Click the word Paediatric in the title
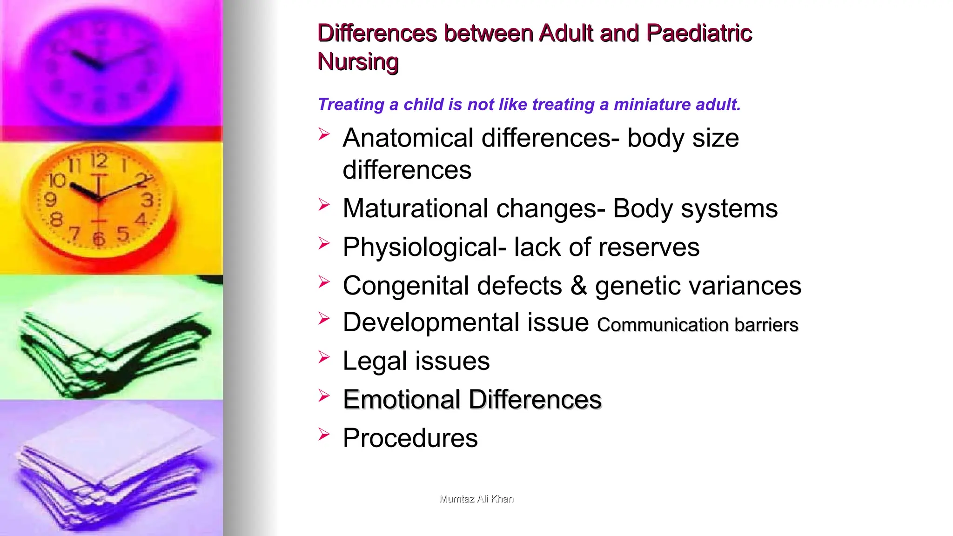click(x=699, y=33)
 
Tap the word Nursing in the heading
click(x=358, y=62)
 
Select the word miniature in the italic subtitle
click(x=650, y=104)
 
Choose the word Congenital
click(x=405, y=286)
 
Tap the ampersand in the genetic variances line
click(x=578, y=286)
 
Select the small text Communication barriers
click(x=698, y=325)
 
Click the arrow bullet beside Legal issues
click(x=324, y=357)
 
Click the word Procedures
click(x=410, y=438)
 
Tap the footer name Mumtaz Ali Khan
click(x=476, y=499)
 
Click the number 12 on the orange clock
click(x=99, y=161)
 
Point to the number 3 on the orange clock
click(x=147, y=200)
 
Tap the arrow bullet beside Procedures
click(x=324, y=435)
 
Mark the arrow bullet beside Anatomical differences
click(x=324, y=134)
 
